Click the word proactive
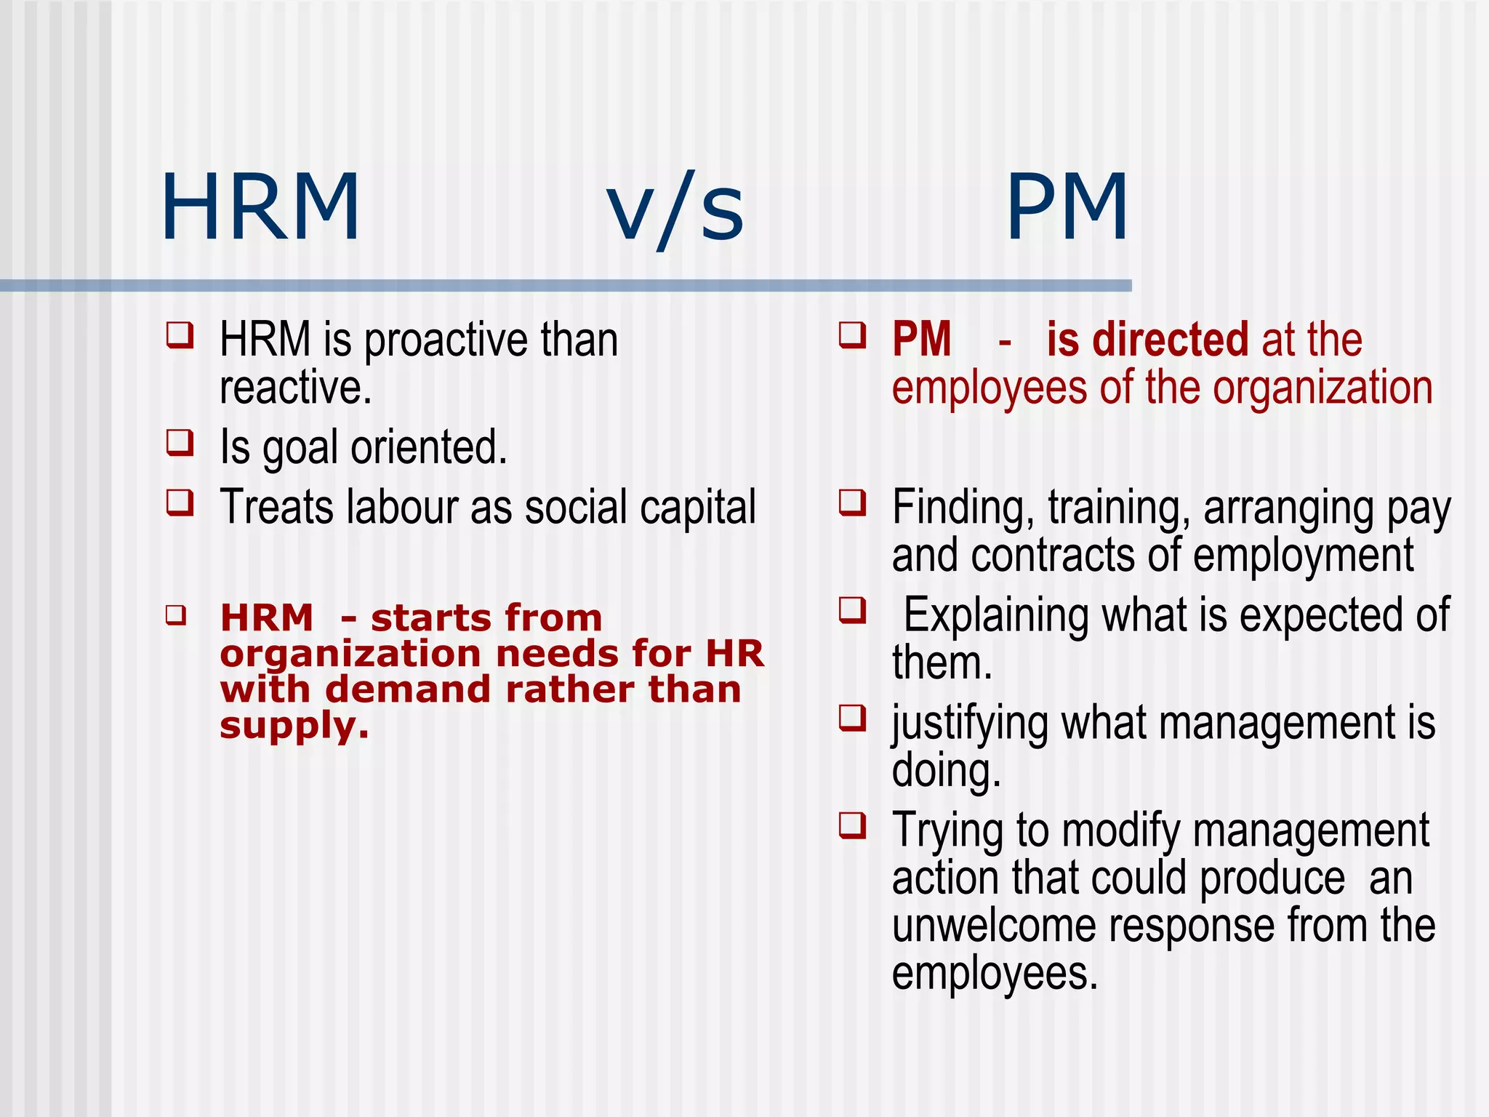tap(445, 340)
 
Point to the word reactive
tap(295, 388)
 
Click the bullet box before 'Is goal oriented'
tap(180, 442)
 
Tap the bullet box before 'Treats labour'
tap(180, 502)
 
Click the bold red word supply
tap(294, 725)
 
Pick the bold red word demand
tap(408, 689)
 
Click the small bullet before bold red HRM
tap(175, 615)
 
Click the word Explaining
tap(996, 615)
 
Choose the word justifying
tap(970, 724)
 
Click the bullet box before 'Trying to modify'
tap(852, 825)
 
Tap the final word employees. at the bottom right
tap(994, 974)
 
